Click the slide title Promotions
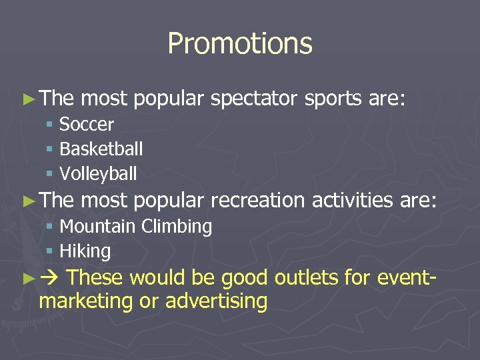(239, 44)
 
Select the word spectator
(254, 99)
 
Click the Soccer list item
(87, 125)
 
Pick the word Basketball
(101, 149)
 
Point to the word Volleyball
(98, 174)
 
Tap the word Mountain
(98, 227)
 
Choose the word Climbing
(177, 227)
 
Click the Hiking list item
(85, 251)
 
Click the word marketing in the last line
(86, 301)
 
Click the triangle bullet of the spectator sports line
(28, 100)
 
